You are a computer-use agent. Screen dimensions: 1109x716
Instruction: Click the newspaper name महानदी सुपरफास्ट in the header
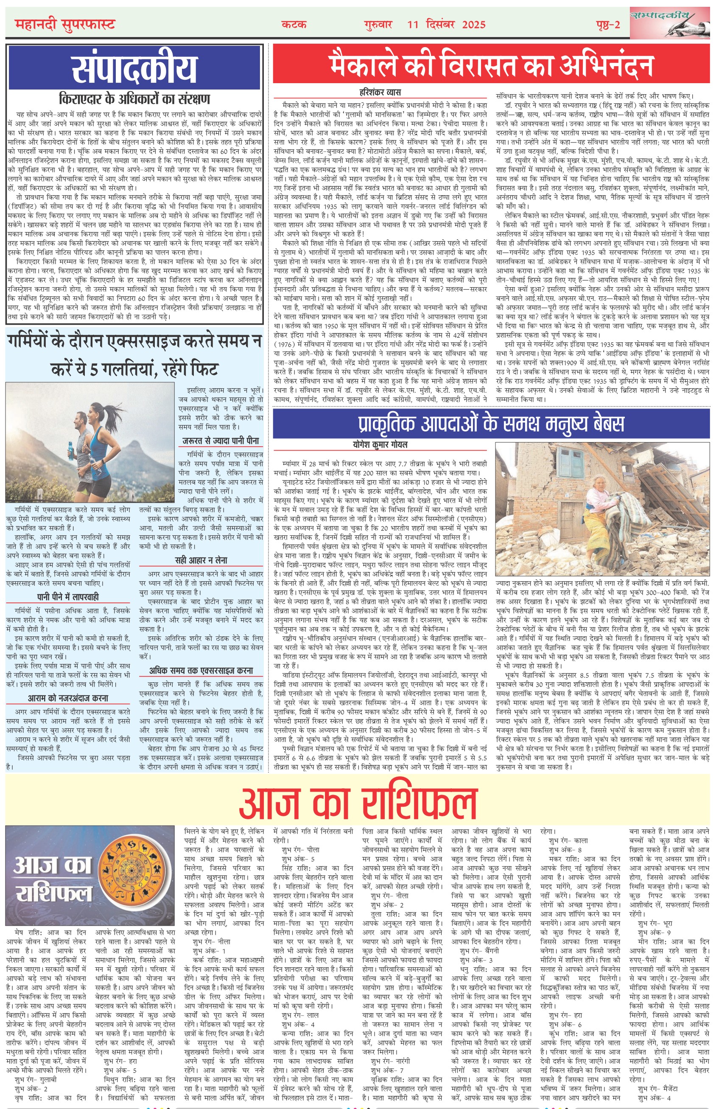tap(64, 24)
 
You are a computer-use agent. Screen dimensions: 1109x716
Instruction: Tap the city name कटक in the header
tap(294, 24)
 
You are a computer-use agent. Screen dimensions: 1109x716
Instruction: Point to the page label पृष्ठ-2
tap(608, 24)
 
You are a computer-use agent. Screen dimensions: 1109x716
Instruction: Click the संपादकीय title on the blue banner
tap(134, 68)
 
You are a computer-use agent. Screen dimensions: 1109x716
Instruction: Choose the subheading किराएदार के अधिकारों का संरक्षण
tap(134, 98)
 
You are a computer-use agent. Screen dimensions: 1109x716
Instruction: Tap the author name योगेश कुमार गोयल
tap(380, 445)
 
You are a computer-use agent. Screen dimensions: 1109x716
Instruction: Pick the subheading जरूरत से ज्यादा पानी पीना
tap(221, 441)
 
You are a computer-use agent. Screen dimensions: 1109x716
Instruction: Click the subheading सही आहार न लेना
tap(201, 560)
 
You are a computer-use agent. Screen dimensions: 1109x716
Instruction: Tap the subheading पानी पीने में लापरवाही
tap(68, 597)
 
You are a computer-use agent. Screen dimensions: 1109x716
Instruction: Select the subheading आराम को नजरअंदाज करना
tap(68, 698)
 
